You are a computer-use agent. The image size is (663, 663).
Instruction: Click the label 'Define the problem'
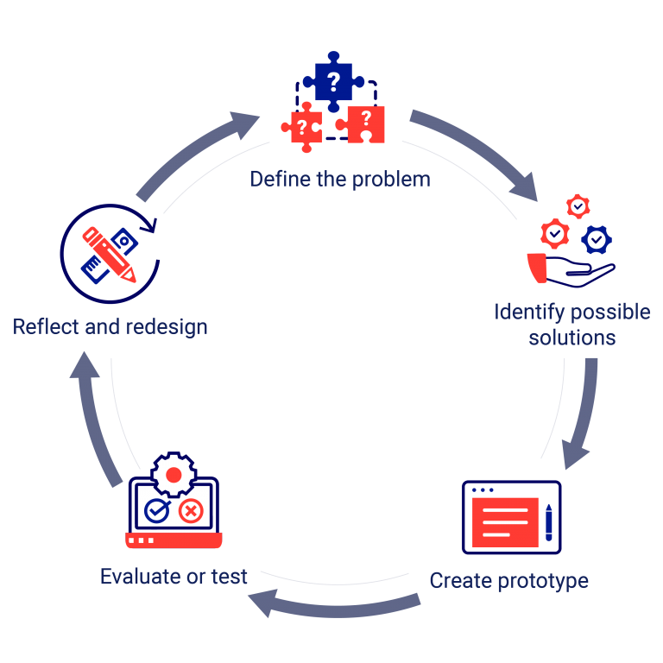(x=339, y=180)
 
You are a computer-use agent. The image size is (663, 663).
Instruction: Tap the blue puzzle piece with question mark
(x=332, y=82)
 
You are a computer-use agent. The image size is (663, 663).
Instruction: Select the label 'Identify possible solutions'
(x=572, y=324)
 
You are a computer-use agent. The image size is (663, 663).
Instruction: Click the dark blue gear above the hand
(x=596, y=238)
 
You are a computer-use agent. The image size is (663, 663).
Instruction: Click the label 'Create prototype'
(x=508, y=580)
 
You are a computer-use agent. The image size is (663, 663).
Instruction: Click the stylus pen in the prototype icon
(x=549, y=521)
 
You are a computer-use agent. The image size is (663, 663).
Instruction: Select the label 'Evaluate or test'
(x=174, y=576)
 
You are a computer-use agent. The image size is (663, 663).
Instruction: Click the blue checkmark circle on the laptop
(x=156, y=511)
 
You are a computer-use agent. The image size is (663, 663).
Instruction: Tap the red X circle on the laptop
(x=191, y=512)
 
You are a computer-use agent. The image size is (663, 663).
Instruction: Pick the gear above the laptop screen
(x=174, y=475)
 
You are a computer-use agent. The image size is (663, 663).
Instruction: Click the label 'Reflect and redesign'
(x=110, y=327)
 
